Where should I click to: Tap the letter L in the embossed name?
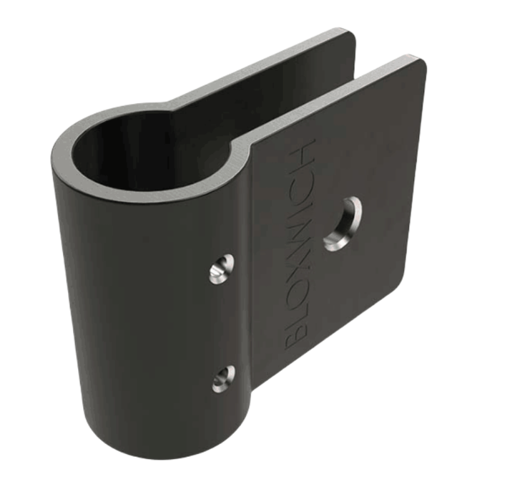tap(295, 309)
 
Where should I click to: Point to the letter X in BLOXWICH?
tap(298, 259)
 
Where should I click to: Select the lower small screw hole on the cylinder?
tap(222, 378)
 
